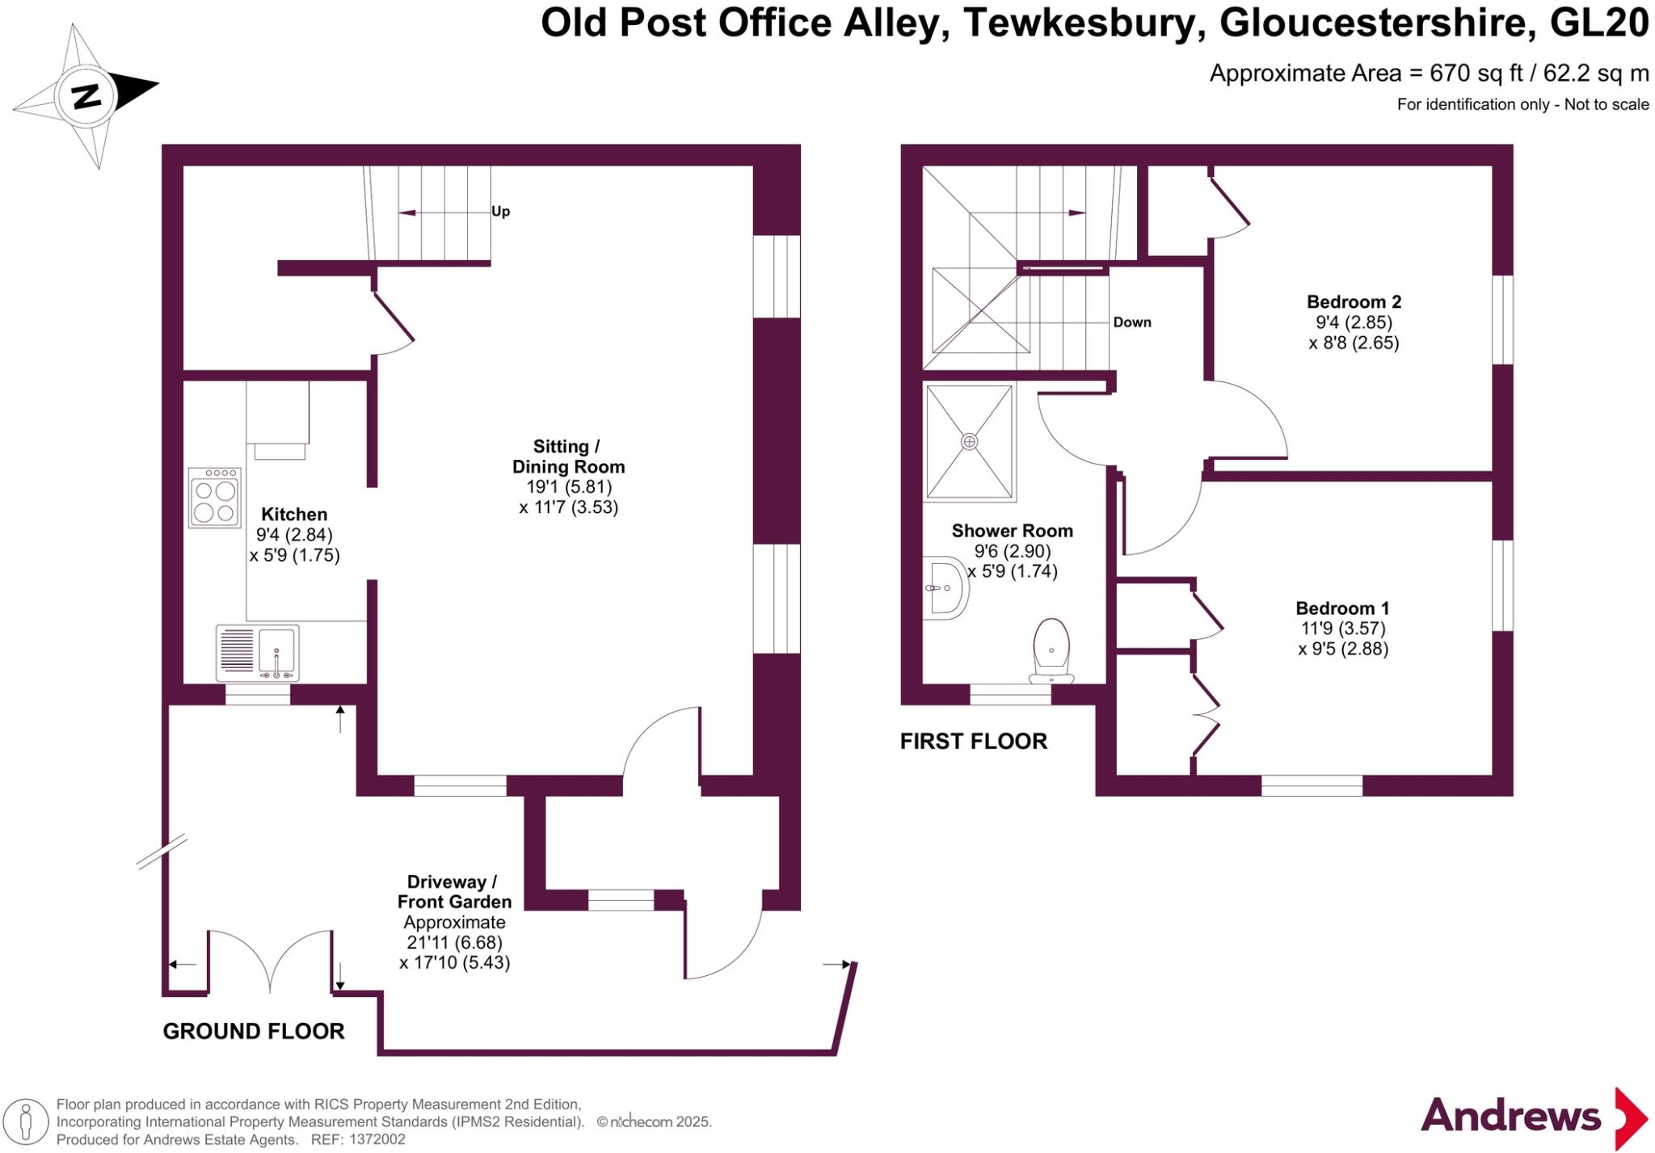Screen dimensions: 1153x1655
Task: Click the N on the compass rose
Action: coord(86,96)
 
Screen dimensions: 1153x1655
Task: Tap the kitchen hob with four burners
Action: coord(214,498)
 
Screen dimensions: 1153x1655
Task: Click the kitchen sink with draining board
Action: coord(257,652)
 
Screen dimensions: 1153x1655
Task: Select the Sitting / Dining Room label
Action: coord(568,457)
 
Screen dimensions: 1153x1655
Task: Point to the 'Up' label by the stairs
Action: coord(500,212)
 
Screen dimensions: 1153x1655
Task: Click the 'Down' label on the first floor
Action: coord(1131,322)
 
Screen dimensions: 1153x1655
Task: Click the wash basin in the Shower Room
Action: coord(945,587)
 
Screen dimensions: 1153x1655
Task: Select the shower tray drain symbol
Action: coord(969,441)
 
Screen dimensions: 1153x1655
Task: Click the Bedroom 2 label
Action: coord(1354,302)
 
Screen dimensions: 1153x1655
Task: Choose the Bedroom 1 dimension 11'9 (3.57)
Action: coord(1341,629)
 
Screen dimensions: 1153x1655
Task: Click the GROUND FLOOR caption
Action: coord(254,1031)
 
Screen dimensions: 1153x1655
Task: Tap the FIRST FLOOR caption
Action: coord(973,741)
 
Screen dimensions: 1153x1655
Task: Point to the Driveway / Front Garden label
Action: coord(454,892)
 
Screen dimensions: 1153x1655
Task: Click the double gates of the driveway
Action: coord(270,962)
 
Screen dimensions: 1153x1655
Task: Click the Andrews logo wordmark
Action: coord(1510,1117)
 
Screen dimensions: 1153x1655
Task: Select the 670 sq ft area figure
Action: coord(1476,74)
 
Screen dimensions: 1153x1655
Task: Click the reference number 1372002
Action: coord(377,1140)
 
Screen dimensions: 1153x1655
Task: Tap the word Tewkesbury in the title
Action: coord(1079,23)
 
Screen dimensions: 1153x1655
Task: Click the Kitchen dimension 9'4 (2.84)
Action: coord(294,535)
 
